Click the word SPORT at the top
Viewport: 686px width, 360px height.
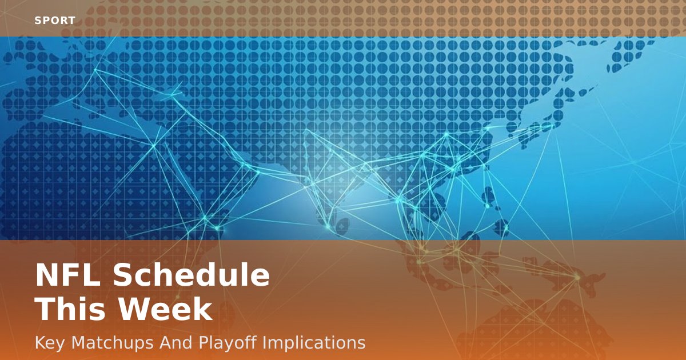tap(55, 21)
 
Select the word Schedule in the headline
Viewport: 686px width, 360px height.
tap(191, 276)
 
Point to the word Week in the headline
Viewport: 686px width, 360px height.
tap(166, 310)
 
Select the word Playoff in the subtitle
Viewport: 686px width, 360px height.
tap(228, 343)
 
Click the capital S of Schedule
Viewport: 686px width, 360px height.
tap(123, 276)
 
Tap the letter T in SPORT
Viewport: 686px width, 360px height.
tap(71, 21)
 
